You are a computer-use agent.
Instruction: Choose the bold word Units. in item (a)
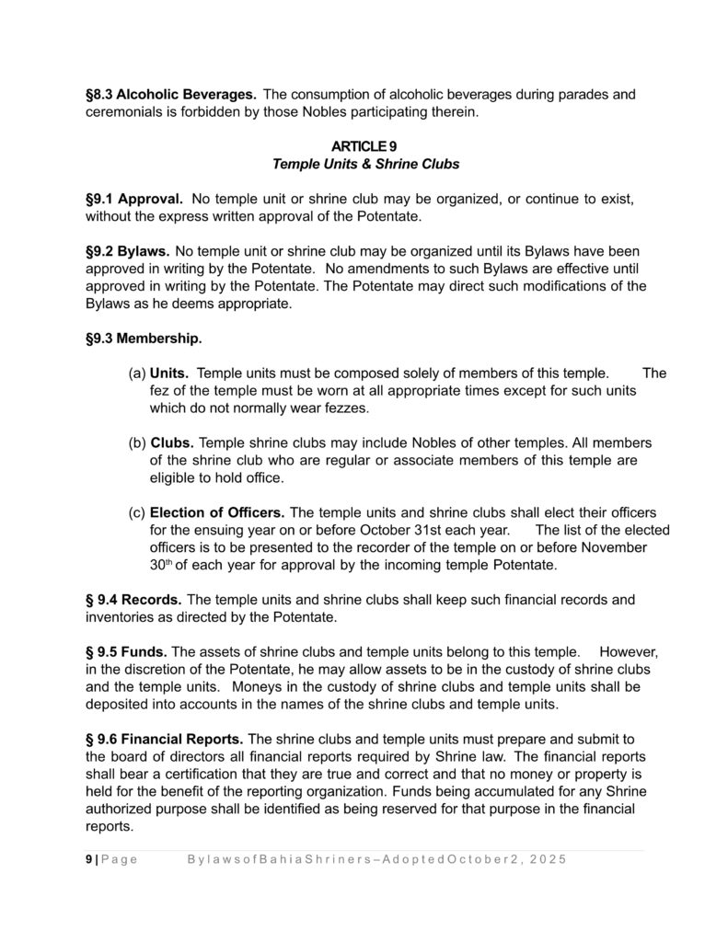pos(169,373)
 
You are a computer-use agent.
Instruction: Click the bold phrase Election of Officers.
pos(217,512)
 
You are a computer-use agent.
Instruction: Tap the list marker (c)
pos(136,512)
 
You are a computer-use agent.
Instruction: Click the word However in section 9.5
pos(628,651)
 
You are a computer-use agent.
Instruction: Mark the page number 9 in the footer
pos(88,859)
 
